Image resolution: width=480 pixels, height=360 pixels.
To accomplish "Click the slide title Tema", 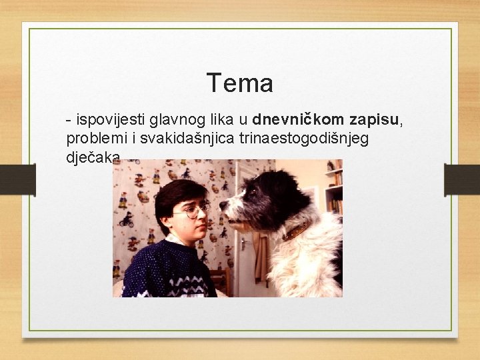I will [x=239, y=83].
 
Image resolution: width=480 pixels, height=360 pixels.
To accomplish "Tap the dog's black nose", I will [x=224, y=205].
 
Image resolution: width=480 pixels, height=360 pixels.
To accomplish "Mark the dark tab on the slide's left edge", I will [x=25, y=180].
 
